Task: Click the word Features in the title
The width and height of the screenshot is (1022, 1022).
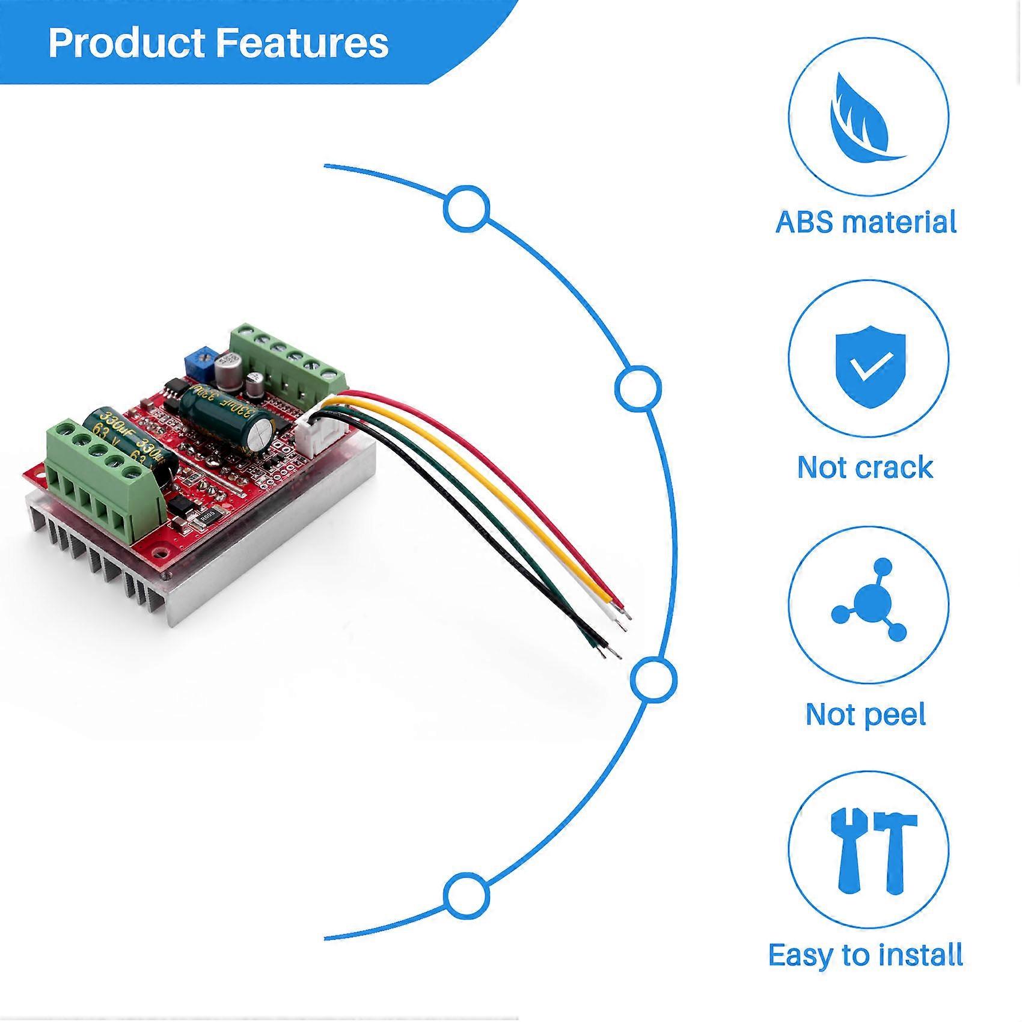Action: [x=302, y=43]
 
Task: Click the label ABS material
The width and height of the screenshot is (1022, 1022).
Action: [x=866, y=222]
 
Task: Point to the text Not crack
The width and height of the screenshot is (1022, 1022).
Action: [x=865, y=467]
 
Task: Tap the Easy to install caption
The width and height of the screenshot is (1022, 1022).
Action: [x=866, y=955]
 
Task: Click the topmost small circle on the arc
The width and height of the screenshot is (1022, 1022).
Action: [x=467, y=209]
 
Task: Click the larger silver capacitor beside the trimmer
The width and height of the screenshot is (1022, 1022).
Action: [x=229, y=369]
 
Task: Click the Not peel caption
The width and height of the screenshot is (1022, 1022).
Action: [x=865, y=714]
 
